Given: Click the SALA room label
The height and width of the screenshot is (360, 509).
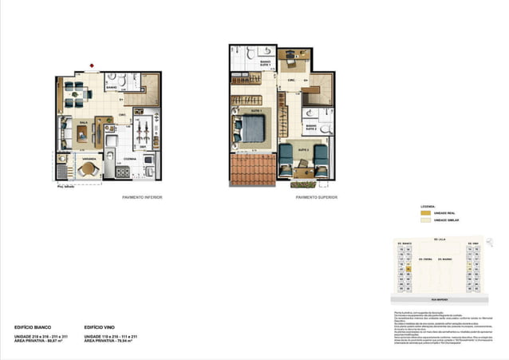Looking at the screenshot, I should point(82,123).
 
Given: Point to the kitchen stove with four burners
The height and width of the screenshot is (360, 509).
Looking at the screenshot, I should point(124,171).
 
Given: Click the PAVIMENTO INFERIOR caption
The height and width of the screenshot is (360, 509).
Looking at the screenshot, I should point(142,196).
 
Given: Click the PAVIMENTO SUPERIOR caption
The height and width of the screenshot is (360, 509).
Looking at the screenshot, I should point(316,196).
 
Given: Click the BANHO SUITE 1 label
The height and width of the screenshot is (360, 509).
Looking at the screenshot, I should point(265,63).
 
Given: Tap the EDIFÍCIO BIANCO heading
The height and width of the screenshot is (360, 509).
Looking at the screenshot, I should point(31,327).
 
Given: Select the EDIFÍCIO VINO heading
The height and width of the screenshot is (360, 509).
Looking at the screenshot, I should point(98,327).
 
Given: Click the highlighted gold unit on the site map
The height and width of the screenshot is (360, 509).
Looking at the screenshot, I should point(408,270).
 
